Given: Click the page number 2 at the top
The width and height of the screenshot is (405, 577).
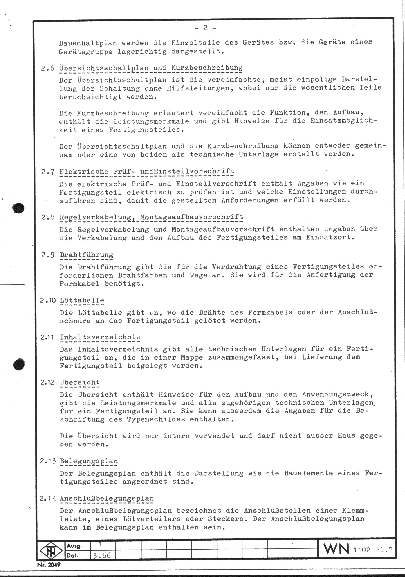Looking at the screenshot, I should tap(205, 28).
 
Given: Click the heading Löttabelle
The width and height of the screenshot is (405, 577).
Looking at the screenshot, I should tap(82, 300).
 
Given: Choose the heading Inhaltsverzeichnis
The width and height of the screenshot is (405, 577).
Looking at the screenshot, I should tap(100, 337).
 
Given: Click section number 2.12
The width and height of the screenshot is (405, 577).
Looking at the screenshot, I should tap(47, 382).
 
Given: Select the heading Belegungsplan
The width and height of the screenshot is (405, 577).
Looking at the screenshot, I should tap(89, 461).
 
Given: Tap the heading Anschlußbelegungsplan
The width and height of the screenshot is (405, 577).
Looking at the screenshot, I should tap(107, 499).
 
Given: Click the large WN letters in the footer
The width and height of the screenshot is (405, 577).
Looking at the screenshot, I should tap(336, 549).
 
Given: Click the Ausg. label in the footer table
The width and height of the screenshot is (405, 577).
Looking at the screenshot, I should tap(74, 546).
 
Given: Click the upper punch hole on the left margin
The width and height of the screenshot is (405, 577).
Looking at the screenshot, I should tap(18, 208).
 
